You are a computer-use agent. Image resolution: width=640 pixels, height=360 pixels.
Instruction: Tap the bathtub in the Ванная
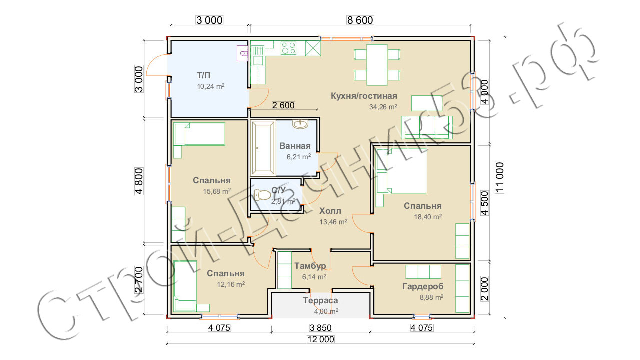click(263, 148)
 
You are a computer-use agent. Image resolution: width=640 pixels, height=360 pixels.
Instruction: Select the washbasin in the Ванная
click(300, 124)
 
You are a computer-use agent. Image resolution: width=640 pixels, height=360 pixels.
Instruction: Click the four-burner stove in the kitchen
click(288, 48)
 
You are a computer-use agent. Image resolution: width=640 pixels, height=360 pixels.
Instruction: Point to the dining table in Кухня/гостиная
click(377, 65)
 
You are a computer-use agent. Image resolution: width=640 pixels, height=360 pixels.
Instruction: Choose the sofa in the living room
click(427, 127)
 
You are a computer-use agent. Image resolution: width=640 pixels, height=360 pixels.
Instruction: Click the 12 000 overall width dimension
click(320, 339)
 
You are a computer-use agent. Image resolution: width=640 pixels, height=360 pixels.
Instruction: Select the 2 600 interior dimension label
click(283, 105)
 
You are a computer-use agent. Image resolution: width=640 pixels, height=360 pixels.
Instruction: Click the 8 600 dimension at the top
click(360, 20)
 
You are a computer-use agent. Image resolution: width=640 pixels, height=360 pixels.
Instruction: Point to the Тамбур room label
click(310, 266)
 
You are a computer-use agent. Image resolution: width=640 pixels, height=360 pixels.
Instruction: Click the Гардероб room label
click(423, 286)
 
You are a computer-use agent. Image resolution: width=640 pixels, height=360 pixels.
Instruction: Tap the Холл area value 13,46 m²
click(333, 222)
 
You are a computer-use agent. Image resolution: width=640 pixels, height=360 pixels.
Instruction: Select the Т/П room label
click(203, 75)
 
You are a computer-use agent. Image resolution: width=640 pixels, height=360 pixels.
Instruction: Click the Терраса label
click(320, 300)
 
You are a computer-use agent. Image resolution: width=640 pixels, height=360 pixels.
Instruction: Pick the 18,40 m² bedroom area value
click(428, 217)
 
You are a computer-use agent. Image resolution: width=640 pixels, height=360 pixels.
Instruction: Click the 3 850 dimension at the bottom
click(321, 328)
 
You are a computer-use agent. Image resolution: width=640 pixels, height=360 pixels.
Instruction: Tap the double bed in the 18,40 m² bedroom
click(401, 171)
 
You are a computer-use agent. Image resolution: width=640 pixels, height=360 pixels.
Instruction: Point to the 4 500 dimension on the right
click(484, 203)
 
